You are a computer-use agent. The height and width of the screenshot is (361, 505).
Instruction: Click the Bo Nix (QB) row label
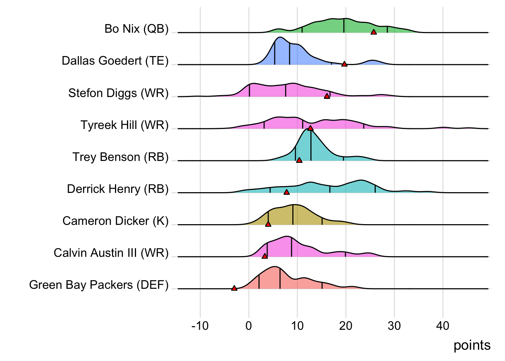point(136,29)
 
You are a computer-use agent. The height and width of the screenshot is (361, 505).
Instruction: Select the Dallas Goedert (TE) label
point(115,61)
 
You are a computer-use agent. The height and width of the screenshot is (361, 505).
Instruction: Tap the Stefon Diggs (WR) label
point(118,93)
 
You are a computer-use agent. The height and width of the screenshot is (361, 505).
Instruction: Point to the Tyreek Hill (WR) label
point(124,125)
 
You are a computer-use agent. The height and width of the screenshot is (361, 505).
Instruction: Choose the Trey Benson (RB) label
point(120,157)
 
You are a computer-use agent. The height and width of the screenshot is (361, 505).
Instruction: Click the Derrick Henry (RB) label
point(118,189)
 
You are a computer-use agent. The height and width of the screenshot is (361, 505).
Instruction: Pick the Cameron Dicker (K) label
point(115,221)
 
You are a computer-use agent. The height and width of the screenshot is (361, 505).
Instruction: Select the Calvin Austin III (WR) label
point(111,253)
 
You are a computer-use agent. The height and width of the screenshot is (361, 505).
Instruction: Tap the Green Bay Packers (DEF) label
point(99,285)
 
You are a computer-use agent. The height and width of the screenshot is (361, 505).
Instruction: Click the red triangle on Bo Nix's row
point(373,32)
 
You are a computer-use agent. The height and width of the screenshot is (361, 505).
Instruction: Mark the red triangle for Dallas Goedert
point(344,64)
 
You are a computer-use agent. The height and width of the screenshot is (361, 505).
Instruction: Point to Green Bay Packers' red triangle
point(234,288)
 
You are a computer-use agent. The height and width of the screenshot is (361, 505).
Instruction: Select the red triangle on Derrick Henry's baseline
point(287,192)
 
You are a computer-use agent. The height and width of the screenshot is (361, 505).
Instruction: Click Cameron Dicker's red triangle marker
point(268,224)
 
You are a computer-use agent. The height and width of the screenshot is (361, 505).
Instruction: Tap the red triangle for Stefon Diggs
point(327,96)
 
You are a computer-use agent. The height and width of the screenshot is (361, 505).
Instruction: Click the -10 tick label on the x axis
point(200,326)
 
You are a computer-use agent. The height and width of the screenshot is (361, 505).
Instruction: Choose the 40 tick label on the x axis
point(443,326)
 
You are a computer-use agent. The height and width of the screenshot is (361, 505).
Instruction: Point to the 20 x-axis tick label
point(346,326)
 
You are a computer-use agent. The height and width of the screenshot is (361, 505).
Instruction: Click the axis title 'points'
point(472,345)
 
